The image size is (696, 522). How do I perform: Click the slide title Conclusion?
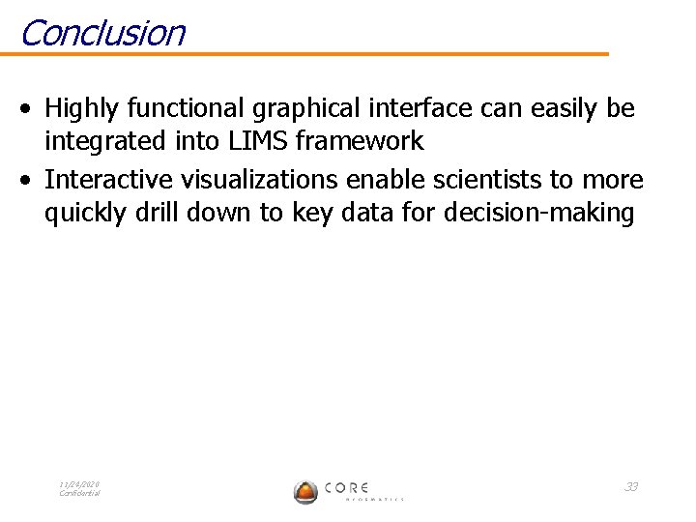101,32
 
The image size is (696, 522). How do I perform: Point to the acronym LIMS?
259,141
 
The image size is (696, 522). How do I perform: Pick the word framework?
360,141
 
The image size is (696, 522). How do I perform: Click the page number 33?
630,486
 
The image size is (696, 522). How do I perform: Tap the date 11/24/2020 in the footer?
79,483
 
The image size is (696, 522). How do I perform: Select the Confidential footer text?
79,493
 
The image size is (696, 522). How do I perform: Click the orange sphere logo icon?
305,491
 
